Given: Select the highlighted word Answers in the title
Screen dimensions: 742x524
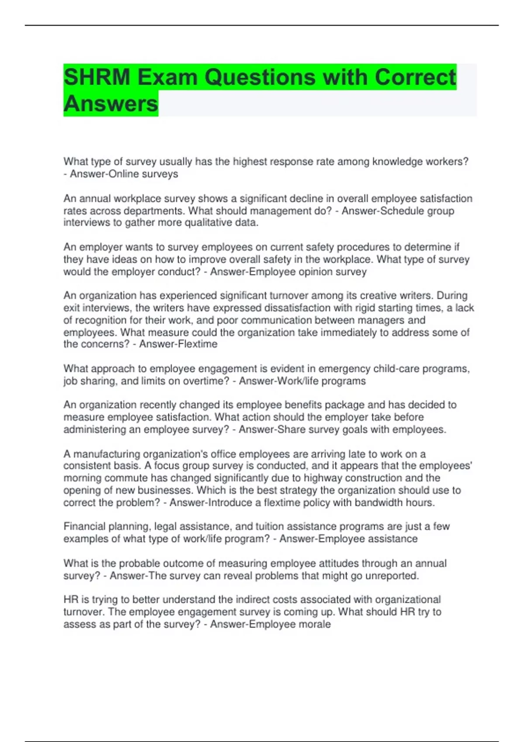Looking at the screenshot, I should pos(110,104).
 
